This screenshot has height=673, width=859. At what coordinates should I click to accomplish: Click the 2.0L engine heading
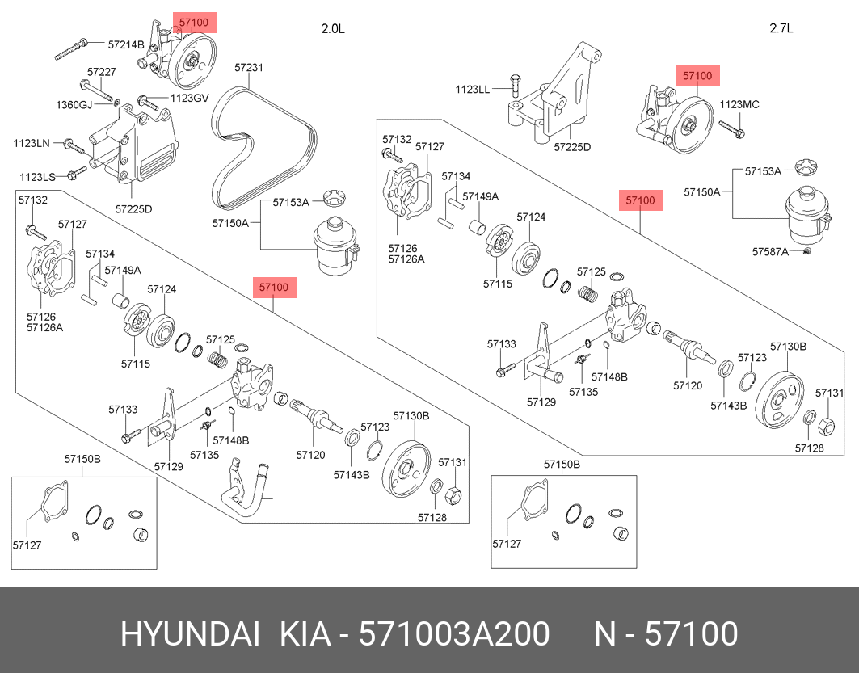coord(333,28)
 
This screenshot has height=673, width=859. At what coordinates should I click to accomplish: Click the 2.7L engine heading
coord(781,28)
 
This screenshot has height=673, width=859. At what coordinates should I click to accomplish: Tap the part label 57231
coord(249,68)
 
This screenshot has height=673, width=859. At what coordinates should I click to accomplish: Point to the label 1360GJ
coord(74,105)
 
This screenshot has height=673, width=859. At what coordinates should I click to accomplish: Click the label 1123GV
coord(189,99)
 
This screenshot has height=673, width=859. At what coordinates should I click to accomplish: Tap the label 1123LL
coord(472,89)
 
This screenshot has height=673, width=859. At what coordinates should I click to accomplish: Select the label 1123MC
coord(739,104)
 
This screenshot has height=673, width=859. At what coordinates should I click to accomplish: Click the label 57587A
coord(770,252)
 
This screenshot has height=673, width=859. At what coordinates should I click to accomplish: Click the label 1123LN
coord(32,143)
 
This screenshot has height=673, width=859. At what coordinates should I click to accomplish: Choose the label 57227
coord(102,72)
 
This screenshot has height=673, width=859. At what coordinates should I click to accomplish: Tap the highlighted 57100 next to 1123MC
coord(697,76)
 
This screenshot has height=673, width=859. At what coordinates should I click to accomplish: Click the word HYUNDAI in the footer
coord(190,634)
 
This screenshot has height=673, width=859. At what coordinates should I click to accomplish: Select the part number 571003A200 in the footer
coord(456,634)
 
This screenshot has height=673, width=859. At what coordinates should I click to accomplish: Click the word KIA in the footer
coord(305,634)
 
